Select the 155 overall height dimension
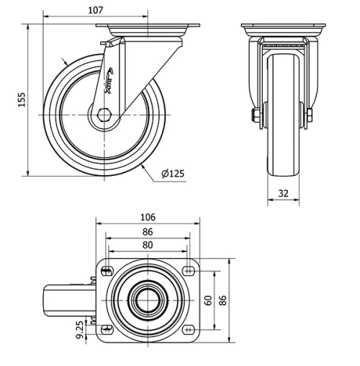click(21, 97)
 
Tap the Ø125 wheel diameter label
click(173, 173)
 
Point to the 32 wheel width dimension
click(283, 193)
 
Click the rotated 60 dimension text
click(209, 300)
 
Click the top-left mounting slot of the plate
click(107, 271)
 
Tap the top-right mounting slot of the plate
click(189, 271)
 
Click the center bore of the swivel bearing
click(148, 300)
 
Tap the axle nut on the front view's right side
click(310, 115)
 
